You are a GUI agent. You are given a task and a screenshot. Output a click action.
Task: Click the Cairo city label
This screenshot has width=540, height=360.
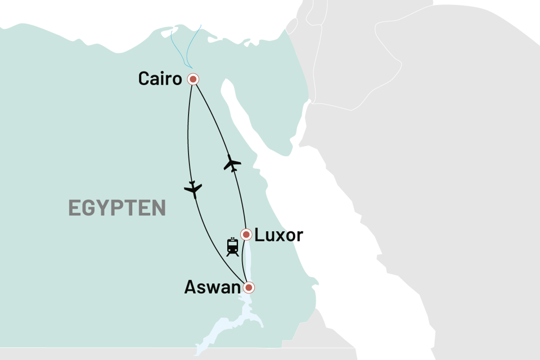point(160,79)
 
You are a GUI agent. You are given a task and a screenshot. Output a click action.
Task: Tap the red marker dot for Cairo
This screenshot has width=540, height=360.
point(193,79)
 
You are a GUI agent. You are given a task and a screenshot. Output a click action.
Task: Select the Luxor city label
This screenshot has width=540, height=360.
point(278,235)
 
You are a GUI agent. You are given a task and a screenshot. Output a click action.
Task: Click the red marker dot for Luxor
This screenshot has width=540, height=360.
point(246,234)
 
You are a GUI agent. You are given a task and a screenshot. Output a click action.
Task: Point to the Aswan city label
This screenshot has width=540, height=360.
point(212,288)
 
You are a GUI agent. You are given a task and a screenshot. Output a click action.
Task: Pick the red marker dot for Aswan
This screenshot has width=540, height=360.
point(247,288)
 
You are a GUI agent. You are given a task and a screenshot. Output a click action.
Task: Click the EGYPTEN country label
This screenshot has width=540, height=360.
point(117,208)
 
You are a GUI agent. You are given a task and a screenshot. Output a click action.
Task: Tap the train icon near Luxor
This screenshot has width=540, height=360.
point(232,247)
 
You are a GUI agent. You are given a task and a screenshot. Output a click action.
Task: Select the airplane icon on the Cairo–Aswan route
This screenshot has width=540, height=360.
point(193,189)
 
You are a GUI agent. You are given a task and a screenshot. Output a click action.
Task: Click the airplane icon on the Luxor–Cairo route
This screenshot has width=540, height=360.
point(232,164)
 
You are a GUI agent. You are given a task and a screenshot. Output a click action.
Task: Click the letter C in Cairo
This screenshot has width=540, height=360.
point(145,79)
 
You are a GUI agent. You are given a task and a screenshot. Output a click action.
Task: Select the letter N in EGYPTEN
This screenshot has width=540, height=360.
point(159,208)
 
